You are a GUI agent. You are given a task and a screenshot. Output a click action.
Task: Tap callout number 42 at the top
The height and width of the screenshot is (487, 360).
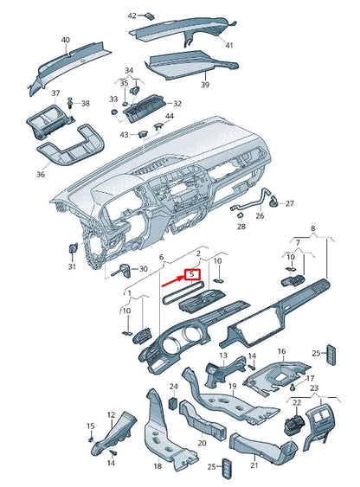click(132, 16)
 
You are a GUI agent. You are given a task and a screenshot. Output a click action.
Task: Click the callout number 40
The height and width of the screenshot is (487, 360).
click(66, 41)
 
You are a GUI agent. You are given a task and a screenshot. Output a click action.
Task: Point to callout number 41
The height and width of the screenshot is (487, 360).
click(228, 44)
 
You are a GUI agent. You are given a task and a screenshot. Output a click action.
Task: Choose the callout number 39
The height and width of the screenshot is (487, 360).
click(205, 86)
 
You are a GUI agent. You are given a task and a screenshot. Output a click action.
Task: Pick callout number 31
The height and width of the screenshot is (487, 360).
click(72, 266)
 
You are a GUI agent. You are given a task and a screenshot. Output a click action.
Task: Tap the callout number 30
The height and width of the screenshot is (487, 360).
click(143, 269)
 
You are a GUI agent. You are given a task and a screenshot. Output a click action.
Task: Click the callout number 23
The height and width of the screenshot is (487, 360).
click(314, 388)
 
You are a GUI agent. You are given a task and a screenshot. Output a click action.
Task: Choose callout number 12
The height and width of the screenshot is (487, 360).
click(110, 416)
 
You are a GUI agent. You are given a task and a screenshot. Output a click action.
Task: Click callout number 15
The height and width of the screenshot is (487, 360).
click(90, 426)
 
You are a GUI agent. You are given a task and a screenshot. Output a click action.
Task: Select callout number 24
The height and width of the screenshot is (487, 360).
click(173, 387)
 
